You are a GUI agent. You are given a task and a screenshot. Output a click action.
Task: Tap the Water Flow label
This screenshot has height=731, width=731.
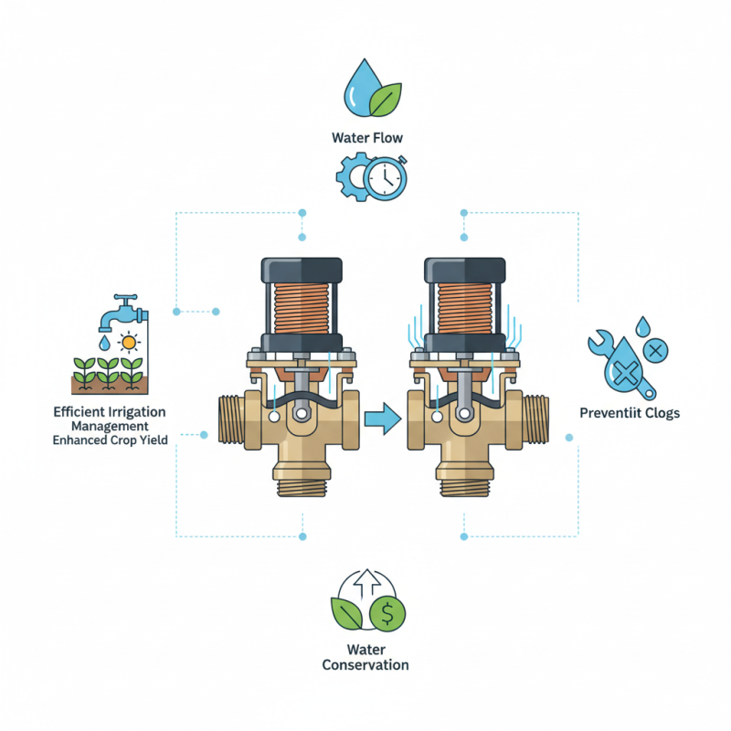click(x=366, y=138)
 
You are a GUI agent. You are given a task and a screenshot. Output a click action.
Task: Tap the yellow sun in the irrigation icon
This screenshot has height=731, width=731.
click(x=130, y=343)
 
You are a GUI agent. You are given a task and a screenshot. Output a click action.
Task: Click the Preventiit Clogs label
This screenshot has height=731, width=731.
click(x=630, y=414)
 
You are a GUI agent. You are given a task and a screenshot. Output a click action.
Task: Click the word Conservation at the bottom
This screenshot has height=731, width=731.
click(x=365, y=664)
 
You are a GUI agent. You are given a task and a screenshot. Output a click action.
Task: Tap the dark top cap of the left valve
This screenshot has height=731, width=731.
click(x=301, y=270)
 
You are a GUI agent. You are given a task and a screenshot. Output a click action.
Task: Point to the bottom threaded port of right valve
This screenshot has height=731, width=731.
click(x=465, y=485)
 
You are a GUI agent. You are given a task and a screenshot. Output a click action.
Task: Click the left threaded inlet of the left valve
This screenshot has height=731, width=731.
click(x=235, y=421)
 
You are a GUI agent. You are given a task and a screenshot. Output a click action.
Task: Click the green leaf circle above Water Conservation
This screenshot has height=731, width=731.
click(x=347, y=613)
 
